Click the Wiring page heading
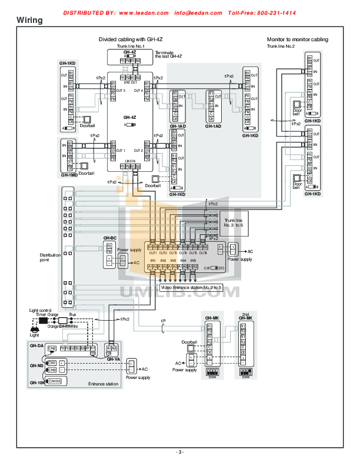(x=29, y=21)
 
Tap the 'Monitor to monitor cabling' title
(x=297, y=39)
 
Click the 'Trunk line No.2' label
(x=281, y=46)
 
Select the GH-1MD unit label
(x=68, y=175)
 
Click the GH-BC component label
(x=109, y=238)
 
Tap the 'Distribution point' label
(x=50, y=257)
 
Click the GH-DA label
(x=36, y=346)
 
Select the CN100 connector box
(x=54, y=381)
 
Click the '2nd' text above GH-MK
(x=245, y=314)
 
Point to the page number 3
(x=180, y=452)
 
